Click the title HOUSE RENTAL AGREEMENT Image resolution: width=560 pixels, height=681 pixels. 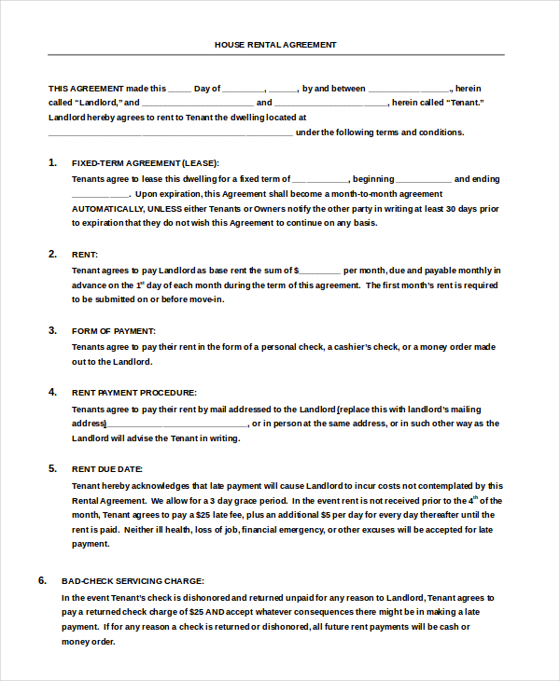275,44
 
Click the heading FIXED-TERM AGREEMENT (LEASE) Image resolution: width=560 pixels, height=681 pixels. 146,162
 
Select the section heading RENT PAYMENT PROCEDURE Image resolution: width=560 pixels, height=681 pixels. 134,393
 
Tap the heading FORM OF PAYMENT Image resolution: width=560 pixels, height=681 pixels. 114,330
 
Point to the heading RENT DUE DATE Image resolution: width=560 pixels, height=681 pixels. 107,469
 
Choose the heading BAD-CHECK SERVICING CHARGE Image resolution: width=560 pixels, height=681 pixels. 133,580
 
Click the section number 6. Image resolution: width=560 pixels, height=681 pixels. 42,580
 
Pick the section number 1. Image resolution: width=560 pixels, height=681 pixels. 52,162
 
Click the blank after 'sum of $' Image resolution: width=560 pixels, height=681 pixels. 321,270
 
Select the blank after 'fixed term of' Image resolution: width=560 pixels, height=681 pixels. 320,179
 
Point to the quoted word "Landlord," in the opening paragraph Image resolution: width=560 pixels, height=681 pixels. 93,103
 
